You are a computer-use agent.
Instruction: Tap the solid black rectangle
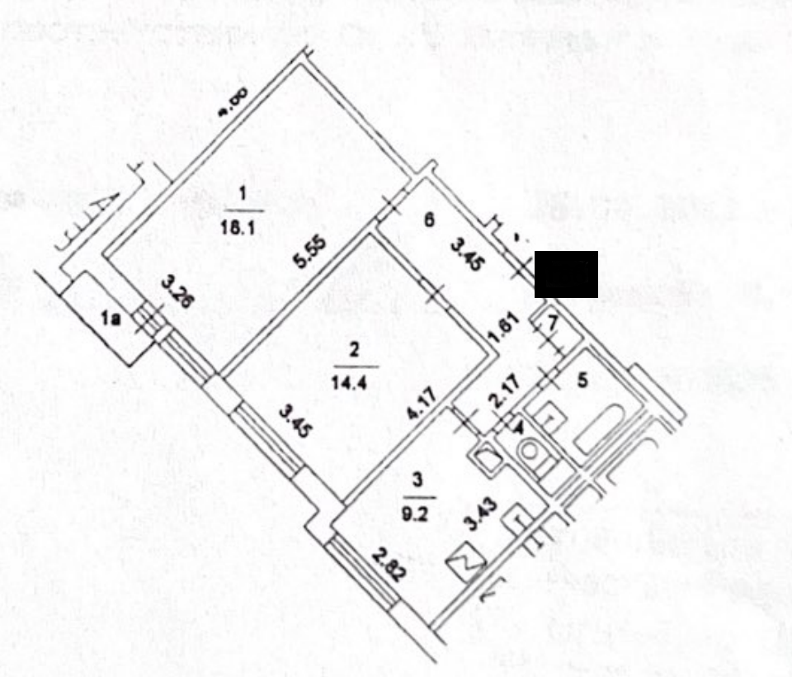[566, 274]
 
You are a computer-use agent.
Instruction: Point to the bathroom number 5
[581, 381]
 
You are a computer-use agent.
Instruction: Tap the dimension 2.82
[388, 565]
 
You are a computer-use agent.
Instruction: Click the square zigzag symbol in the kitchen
[466, 564]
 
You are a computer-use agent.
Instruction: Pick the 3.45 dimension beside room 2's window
[295, 422]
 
